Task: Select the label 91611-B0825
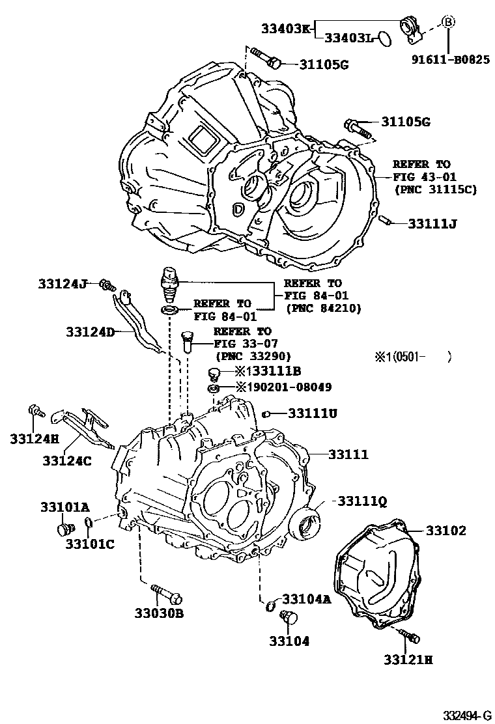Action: pos(450,59)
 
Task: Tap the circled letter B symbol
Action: pos(448,21)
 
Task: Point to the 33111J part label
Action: pos(432,223)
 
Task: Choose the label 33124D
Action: pos(90,332)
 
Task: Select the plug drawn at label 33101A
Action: pos(64,528)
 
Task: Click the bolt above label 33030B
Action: pos(167,594)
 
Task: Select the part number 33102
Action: pos(446,531)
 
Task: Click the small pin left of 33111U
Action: pos(266,413)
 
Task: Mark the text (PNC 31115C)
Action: pos(434,189)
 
